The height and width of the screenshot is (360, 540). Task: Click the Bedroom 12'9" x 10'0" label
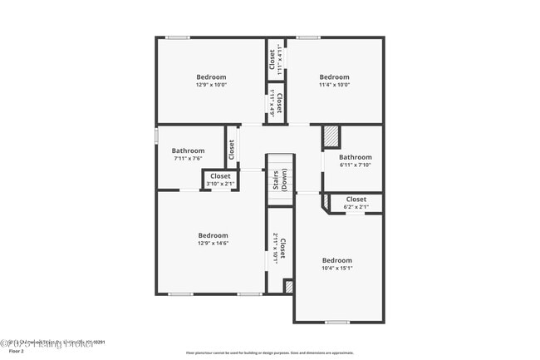pyautogui.click(x=211, y=81)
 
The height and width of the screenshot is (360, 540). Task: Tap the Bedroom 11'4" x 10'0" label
pyautogui.click(x=334, y=81)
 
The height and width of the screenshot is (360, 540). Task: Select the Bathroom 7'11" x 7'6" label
pyautogui.click(x=189, y=155)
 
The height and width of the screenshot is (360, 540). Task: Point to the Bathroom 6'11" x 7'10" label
pyautogui.click(x=355, y=160)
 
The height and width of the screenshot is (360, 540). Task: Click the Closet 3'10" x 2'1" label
pyautogui.click(x=220, y=180)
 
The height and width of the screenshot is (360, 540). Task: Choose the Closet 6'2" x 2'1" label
pyautogui.click(x=356, y=203)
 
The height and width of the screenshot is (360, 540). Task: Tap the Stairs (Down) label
pyautogui.click(x=279, y=180)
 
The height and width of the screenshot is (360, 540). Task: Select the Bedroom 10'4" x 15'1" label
pyautogui.click(x=336, y=264)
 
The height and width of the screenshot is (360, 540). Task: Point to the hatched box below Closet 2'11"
pyautogui.click(x=288, y=287)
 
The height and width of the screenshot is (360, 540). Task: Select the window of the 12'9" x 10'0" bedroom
pyautogui.click(x=176, y=37)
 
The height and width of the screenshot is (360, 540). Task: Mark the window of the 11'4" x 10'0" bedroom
pyautogui.click(x=309, y=37)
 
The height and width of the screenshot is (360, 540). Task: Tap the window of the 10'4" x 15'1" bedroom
pyautogui.click(x=336, y=323)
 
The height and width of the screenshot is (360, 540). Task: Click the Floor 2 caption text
pyautogui.click(x=10, y=352)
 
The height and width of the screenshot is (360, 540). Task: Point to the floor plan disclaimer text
pyautogui.click(x=269, y=352)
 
